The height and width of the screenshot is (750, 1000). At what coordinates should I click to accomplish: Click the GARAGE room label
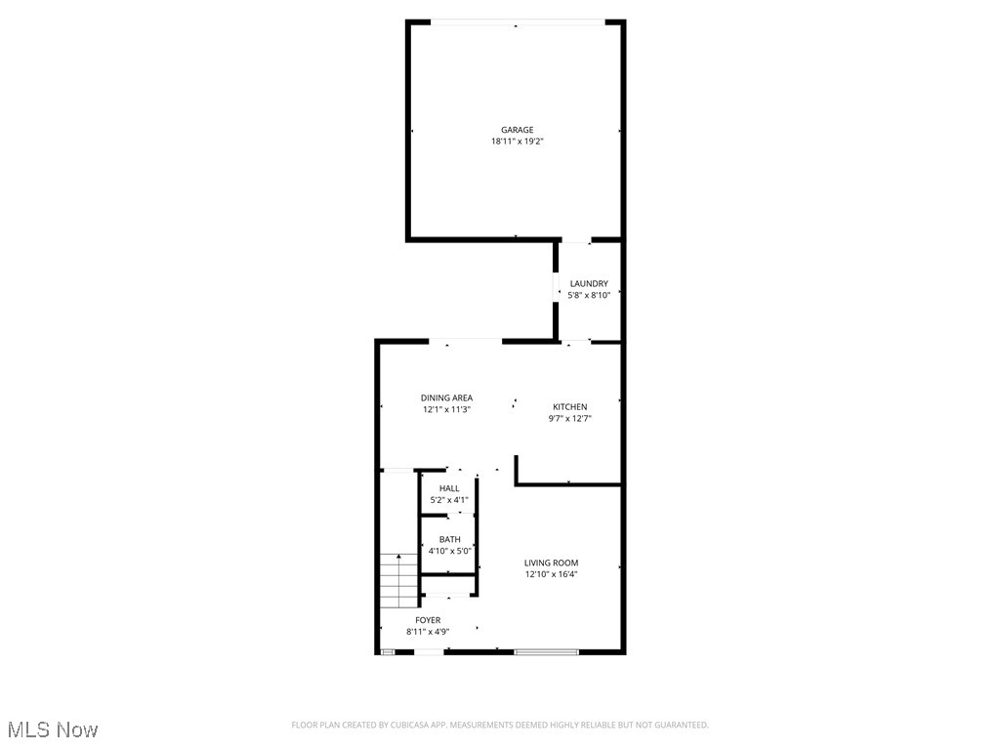[517, 130]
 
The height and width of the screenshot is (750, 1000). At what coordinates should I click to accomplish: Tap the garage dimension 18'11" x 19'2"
[517, 142]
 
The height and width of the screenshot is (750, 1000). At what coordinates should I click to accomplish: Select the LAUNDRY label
[589, 284]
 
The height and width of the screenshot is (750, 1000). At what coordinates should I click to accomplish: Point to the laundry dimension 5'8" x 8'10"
[589, 295]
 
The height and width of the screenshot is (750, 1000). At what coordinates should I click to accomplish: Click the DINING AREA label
[446, 398]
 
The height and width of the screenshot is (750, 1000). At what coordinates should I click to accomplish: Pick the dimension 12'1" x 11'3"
[446, 410]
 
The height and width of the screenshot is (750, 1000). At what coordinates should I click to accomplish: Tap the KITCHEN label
[569, 407]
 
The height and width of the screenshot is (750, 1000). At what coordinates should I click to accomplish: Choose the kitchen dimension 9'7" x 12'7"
[569, 419]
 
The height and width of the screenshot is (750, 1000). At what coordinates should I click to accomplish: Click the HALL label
[448, 489]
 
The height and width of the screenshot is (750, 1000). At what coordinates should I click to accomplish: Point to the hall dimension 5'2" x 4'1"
[448, 501]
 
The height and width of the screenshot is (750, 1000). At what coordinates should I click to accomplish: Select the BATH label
[449, 540]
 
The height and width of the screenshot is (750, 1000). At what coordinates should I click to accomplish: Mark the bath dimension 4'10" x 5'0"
[449, 552]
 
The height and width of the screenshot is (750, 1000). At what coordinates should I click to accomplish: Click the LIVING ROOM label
[551, 563]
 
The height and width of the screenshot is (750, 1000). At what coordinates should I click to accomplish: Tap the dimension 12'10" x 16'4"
[551, 575]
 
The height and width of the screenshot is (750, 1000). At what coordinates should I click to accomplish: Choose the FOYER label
[428, 620]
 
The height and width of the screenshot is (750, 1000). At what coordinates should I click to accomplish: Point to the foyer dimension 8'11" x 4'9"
[428, 632]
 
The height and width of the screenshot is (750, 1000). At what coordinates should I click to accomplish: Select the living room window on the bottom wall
[547, 651]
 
